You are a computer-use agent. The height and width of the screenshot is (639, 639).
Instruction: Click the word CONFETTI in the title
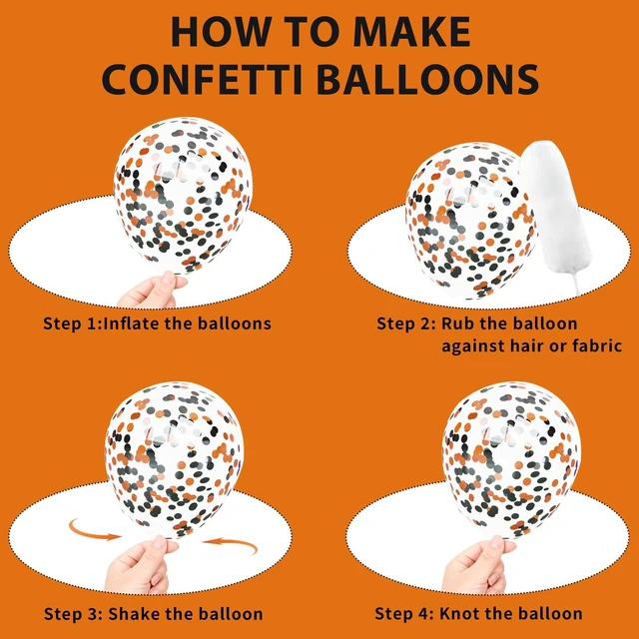click(x=202, y=79)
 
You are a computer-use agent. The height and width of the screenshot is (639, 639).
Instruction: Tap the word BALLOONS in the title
click(x=428, y=79)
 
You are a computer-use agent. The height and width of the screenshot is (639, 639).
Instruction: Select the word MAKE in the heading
click(x=412, y=32)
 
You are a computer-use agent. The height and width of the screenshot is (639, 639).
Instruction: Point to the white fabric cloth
click(x=556, y=213)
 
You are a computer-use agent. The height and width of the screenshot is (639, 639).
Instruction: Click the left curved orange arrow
click(x=93, y=531)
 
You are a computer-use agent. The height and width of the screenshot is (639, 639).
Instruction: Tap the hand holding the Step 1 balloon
click(x=151, y=291)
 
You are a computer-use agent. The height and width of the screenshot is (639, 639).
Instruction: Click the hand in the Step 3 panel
click(x=141, y=564)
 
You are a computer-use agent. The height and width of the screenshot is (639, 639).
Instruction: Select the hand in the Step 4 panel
click(x=477, y=564)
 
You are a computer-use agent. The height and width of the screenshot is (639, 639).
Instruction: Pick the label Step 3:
click(x=73, y=614)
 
